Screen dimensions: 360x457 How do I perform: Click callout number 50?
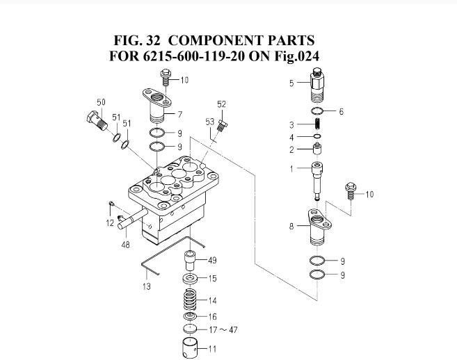click(101, 103)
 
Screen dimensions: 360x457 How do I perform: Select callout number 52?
click(221, 104)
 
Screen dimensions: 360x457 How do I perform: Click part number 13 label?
click(147, 286)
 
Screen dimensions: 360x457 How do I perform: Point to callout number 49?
click(212, 260)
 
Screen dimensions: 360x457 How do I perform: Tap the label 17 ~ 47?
click(223, 329)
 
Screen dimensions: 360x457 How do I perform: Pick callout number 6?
click(341, 111)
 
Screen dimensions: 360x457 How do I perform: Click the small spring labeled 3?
click(319, 125)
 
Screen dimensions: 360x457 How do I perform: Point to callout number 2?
click(293, 149)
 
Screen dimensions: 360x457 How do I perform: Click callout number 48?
click(125, 244)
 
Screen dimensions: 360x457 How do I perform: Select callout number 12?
click(110, 222)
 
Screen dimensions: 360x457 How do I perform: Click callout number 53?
click(209, 122)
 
